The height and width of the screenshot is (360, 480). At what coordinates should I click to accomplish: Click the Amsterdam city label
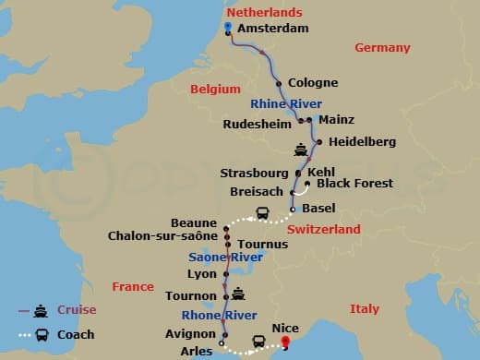pyautogui.click(x=272, y=29)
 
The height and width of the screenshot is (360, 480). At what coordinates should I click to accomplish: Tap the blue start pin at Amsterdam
pyautogui.click(x=227, y=28)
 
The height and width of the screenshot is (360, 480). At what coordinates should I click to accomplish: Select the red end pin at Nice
pyautogui.click(x=286, y=342)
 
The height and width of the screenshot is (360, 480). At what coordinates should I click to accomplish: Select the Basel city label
pyautogui.click(x=318, y=208)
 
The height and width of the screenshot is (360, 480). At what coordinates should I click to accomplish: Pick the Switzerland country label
pyautogui.click(x=323, y=229)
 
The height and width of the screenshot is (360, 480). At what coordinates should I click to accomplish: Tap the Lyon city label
pyautogui.click(x=201, y=274)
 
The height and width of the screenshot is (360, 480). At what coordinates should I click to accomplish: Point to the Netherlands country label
pyautogui.click(x=265, y=12)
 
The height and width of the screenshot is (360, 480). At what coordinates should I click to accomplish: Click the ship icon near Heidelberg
pyautogui.click(x=300, y=150)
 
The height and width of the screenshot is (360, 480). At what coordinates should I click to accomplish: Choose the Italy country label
pyautogui.click(x=365, y=308)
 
